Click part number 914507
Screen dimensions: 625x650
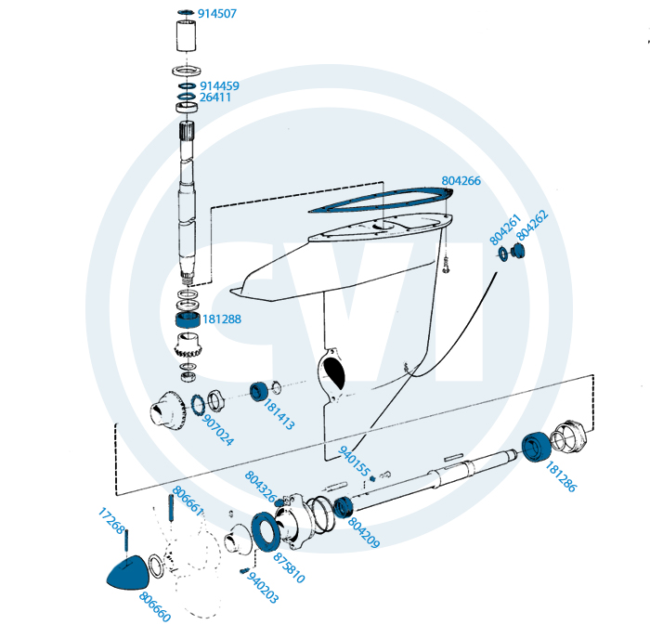pos(217,15)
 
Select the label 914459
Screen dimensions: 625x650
pos(219,85)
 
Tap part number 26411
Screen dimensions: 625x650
pos(215,97)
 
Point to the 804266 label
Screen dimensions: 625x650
pos(461,180)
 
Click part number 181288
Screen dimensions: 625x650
pos(223,319)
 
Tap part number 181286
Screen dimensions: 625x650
pos(561,475)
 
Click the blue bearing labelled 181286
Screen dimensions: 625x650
pos(534,447)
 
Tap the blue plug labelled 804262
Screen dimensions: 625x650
pos(518,253)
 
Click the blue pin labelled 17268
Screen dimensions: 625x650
pos(126,543)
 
